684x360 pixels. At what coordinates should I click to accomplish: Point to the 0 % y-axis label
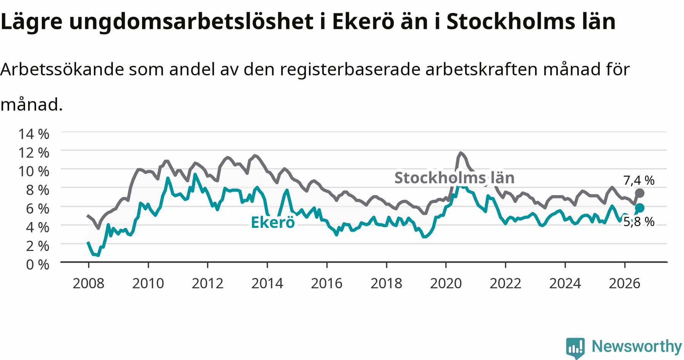pyautogui.click(x=37, y=264)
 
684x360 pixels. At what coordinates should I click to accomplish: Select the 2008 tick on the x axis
pyautogui.click(x=88, y=283)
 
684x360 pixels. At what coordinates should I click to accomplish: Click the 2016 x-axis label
pyautogui.click(x=327, y=283)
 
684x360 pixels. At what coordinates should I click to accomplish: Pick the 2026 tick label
pyautogui.click(x=625, y=283)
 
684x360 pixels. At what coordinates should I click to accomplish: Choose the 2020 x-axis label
pyautogui.click(x=446, y=283)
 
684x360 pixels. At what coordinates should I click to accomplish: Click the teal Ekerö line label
pyautogui.click(x=273, y=223)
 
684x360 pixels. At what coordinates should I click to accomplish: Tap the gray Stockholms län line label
pyautogui.click(x=454, y=178)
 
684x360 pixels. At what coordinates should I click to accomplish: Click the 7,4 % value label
pyautogui.click(x=639, y=180)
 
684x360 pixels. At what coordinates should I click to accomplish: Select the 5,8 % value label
pyautogui.click(x=639, y=222)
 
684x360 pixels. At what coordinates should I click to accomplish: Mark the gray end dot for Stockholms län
pyautogui.click(x=640, y=193)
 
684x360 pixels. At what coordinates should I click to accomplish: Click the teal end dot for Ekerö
pyautogui.click(x=640, y=208)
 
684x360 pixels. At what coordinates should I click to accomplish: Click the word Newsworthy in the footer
pyautogui.click(x=637, y=346)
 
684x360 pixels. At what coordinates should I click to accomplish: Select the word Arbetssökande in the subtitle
pyautogui.click(x=62, y=69)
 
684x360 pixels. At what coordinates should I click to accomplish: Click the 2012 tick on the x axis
pyautogui.click(x=207, y=283)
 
